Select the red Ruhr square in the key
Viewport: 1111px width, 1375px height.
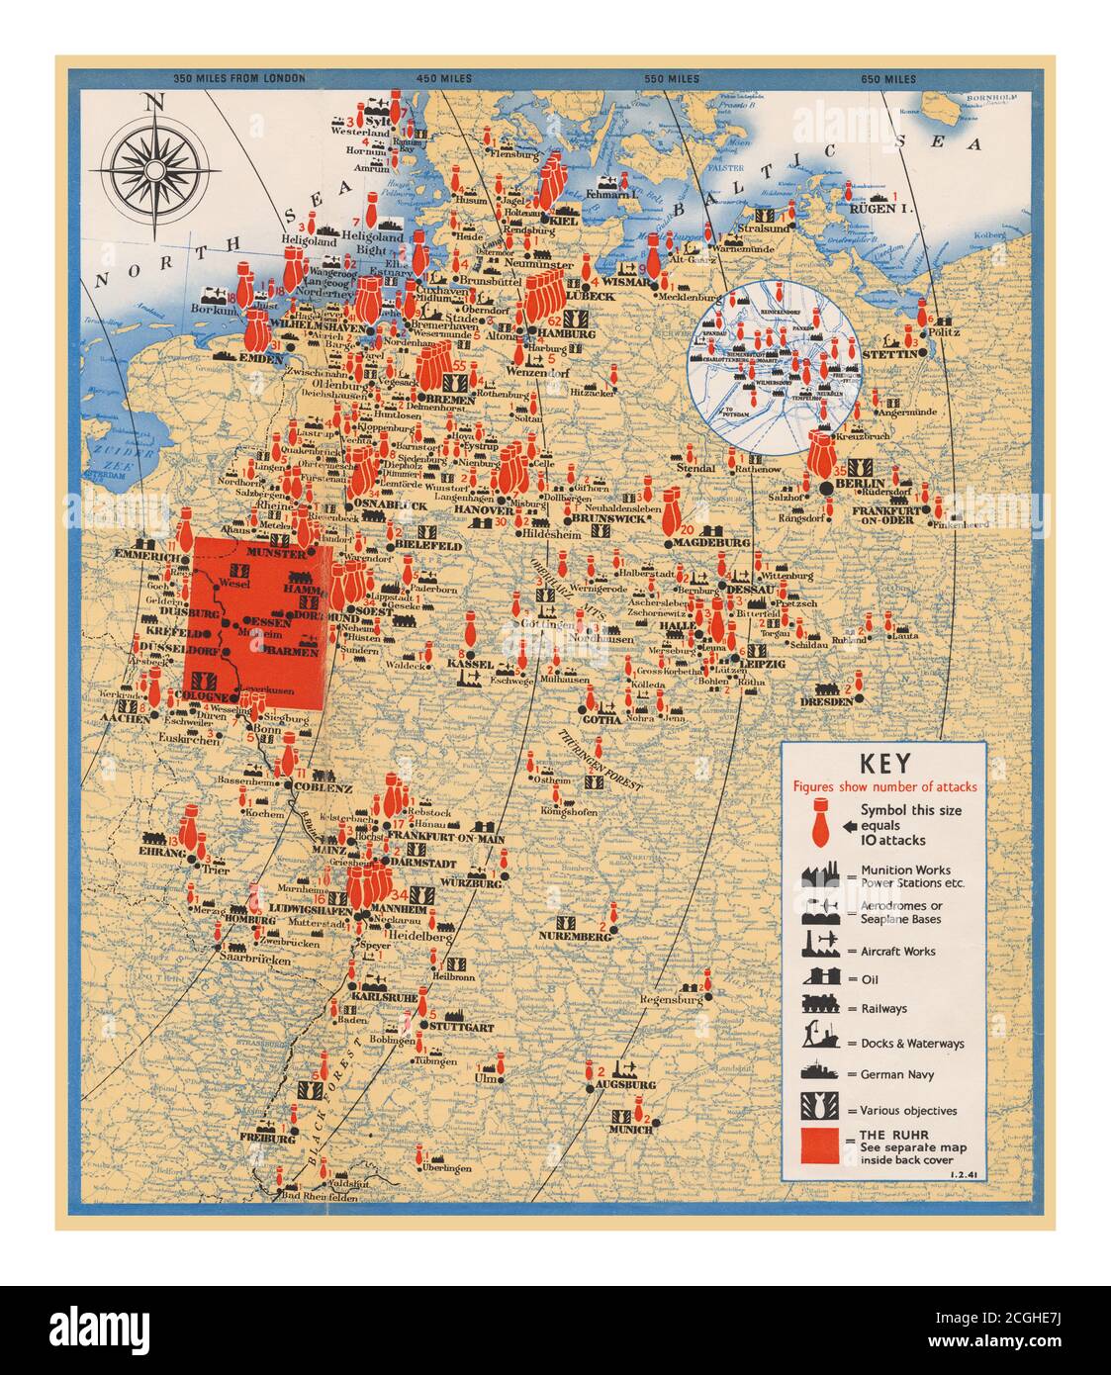[x=820, y=1145]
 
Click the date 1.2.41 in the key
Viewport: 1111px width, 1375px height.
[x=962, y=1174]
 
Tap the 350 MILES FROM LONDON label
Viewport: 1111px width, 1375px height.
[x=238, y=79]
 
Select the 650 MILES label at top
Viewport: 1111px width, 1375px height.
[x=887, y=79]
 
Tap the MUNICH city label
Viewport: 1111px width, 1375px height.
[x=630, y=1129]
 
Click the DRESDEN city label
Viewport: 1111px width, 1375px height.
[x=826, y=701]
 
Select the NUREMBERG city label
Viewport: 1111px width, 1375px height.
[x=575, y=935]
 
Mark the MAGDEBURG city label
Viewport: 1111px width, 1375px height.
[x=713, y=543]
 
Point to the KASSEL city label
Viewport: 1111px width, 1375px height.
[x=470, y=664]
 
